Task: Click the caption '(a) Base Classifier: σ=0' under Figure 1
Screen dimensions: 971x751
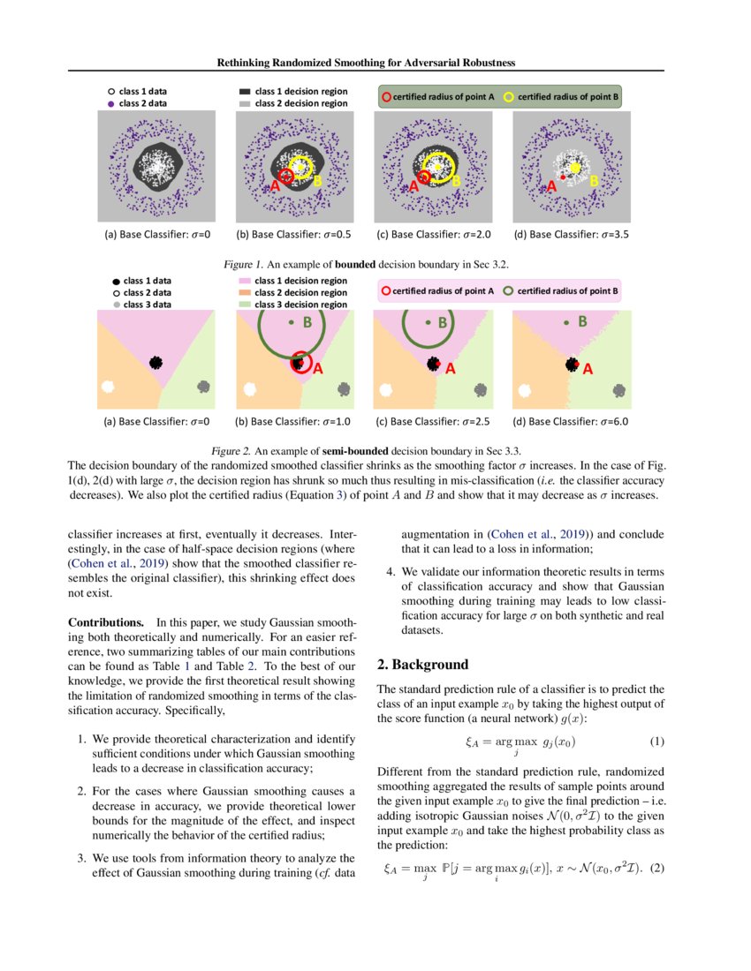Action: [x=156, y=235]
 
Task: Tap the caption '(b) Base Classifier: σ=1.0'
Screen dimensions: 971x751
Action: [x=294, y=421]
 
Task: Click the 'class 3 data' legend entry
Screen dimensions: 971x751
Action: [x=147, y=304]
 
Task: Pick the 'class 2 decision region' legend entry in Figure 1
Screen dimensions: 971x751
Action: [x=300, y=103]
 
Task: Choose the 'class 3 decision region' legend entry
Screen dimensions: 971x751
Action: [x=300, y=304]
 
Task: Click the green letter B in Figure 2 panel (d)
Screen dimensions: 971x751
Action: [x=582, y=322]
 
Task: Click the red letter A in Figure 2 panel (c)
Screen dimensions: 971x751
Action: [x=450, y=368]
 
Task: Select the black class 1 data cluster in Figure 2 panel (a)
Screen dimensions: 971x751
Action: [x=156, y=362]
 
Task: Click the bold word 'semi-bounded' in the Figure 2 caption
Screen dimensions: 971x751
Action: [x=338, y=451]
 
